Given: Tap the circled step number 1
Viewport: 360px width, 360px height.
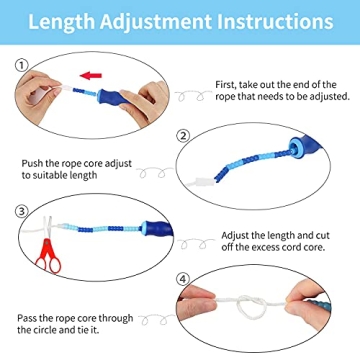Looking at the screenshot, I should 20,65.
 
